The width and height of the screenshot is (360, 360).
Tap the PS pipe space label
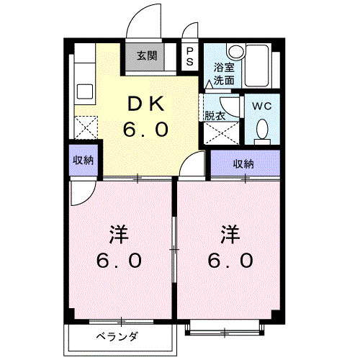189,57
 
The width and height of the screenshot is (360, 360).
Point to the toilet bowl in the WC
261,129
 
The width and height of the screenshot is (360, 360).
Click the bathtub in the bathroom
256,68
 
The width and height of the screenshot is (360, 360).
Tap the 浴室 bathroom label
223,68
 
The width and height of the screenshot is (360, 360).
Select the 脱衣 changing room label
214,115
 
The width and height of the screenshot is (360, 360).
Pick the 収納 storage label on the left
83,160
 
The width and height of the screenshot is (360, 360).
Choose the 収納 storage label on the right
243,164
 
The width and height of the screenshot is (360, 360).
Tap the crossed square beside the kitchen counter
86,128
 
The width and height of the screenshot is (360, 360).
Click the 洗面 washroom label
223,80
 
